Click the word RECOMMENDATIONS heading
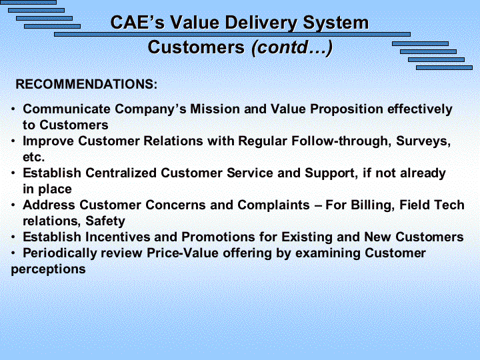pyautogui.click(x=86, y=84)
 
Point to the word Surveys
pyautogui.click(x=423, y=141)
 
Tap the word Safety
pyautogui.click(x=105, y=221)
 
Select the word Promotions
pyautogui.click(x=218, y=237)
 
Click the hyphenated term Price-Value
pyautogui.click(x=183, y=253)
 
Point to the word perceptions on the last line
pyautogui.click(x=48, y=270)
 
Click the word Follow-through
pyautogui.click(x=341, y=141)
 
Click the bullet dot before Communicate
pyautogui.click(x=13, y=109)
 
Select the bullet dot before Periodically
pyautogui.click(x=13, y=253)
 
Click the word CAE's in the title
pyautogui.click(x=137, y=23)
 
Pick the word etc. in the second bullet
pyautogui.click(x=34, y=157)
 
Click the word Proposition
pyautogui.click(x=347, y=109)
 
